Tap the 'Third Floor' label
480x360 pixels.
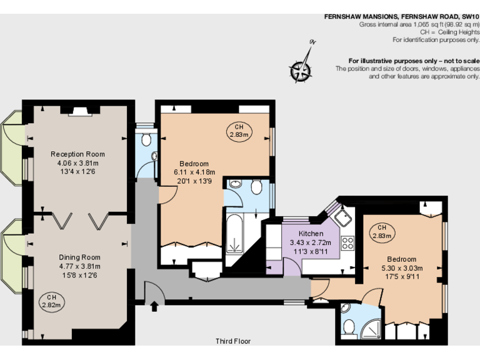point(233,341)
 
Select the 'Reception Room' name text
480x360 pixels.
point(77,154)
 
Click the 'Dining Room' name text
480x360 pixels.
point(79,257)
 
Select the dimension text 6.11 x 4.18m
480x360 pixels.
point(194,172)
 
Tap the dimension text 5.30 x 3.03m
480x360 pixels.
point(401,268)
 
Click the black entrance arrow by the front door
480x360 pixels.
point(154,306)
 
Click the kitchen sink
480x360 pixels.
point(343,218)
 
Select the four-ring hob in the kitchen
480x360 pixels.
point(347,242)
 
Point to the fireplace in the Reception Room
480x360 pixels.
point(79,111)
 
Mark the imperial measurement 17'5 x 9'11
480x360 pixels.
point(401,277)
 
